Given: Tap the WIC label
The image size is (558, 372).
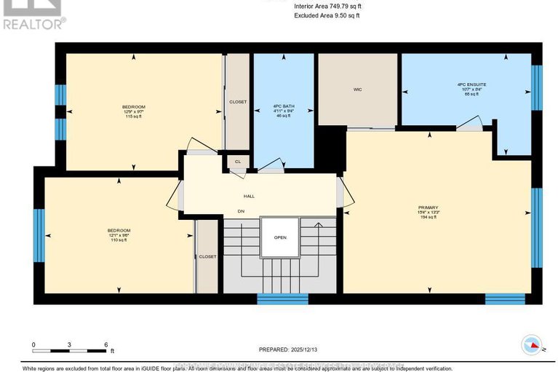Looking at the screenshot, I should (358, 90).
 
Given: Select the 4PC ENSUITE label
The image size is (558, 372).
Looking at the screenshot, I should (471, 84).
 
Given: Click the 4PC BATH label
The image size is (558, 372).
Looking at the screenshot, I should (282, 106).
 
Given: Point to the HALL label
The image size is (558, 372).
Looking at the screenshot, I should (249, 196).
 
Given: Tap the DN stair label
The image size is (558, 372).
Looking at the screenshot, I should (241, 212).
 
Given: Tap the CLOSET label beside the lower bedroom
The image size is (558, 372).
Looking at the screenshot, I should (208, 256).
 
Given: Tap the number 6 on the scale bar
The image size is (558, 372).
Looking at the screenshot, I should (106, 344).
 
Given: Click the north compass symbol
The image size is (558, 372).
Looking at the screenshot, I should (532, 347).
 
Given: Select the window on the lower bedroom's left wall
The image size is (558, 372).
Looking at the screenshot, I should (39, 237).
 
